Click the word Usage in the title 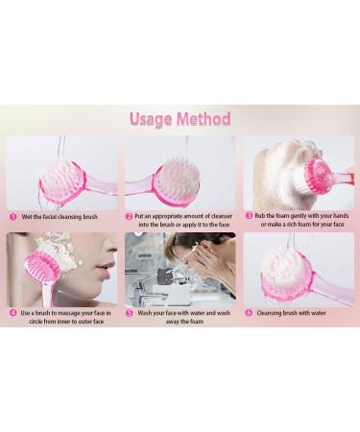click(151, 119)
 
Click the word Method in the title click(204, 118)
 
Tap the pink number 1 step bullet click(13, 217)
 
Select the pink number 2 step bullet click(129, 217)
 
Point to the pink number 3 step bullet click(249, 216)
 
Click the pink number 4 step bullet click(13, 313)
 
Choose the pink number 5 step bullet click(130, 313)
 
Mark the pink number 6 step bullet click(249, 313)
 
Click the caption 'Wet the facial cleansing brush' click(60, 217)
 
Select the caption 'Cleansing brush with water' click(292, 313)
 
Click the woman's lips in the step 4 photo click(105, 268)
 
